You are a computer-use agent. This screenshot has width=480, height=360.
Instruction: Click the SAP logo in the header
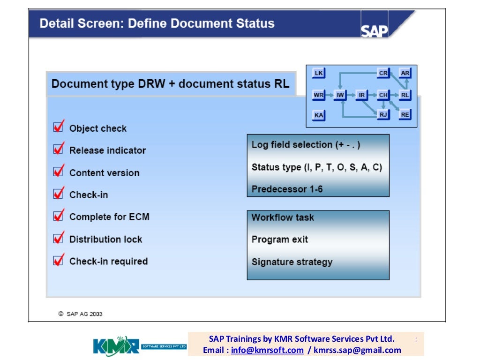tap(375, 30)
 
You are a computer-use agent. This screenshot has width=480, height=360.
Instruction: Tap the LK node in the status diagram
tap(319, 74)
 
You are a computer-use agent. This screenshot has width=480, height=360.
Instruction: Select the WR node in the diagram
tap(319, 95)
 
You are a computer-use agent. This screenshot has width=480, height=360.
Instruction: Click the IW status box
tap(340, 95)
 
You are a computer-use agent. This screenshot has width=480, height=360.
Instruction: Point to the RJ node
tap(383, 114)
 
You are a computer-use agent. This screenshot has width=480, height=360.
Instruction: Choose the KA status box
tap(319, 115)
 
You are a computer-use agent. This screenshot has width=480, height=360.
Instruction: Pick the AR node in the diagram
tap(405, 74)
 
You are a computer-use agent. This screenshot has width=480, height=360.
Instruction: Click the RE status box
tap(405, 114)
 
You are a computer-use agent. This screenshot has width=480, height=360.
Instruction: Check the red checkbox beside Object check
tap(59, 127)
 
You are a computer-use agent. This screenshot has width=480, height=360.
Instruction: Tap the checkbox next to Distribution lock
tap(59, 238)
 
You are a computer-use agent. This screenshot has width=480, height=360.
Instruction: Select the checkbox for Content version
tap(59, 172)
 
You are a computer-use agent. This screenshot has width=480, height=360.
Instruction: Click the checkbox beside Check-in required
tap(59, 260)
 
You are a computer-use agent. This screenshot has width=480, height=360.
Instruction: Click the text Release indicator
tap(107, 150)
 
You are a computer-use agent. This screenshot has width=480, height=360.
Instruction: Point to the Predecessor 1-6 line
tap(287, 189)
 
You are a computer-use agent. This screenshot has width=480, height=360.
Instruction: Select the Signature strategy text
tap(292, 262)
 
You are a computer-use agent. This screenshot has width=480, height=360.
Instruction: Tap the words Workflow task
tap(283, 217)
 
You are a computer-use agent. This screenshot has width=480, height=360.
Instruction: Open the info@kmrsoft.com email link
tap(267, 350)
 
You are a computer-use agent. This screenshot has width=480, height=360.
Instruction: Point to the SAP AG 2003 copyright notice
tap(80, 314)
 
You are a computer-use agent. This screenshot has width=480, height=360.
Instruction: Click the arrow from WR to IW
tap(330, 95)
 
